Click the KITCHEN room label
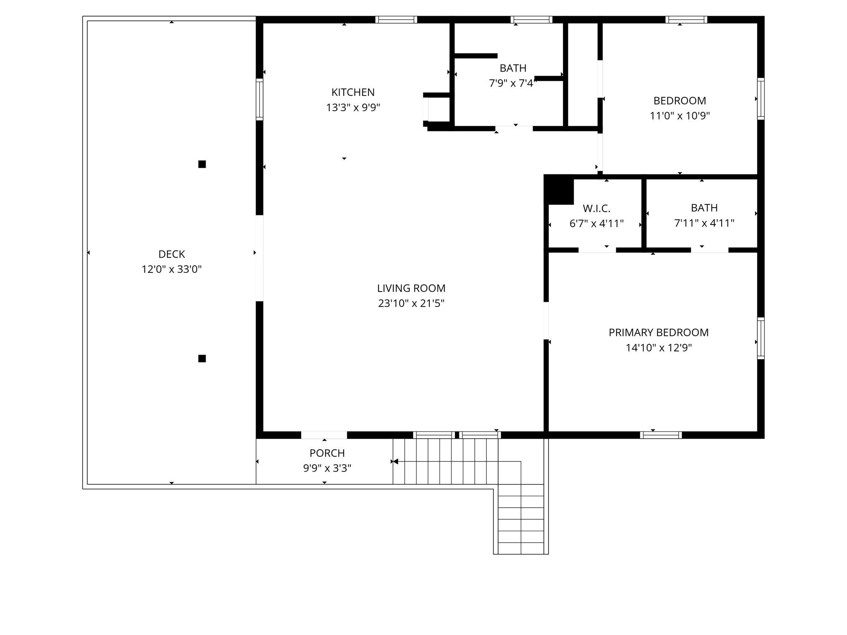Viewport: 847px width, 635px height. [353, 92]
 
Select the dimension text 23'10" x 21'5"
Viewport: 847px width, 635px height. [411, 303]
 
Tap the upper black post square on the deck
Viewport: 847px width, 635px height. [202, 164]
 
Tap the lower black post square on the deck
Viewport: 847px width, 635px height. [202, 358]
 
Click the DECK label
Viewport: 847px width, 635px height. [172, 254]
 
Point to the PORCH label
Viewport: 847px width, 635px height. [327, 453]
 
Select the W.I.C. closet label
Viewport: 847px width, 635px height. [596, 208]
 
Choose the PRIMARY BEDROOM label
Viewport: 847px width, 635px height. [658, 332]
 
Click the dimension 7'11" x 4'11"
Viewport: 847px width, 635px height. [704, 223]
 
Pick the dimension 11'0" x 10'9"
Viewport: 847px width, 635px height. [680, 116]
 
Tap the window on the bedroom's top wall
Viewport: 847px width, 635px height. [686, 19]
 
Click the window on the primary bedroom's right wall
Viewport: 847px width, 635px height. [761, 338]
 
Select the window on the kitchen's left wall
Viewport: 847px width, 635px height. [259, 99]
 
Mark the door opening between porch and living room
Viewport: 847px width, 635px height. [324, 435]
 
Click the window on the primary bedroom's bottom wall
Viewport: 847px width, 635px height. [660, 435]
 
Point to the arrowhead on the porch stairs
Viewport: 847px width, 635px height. [395, 461]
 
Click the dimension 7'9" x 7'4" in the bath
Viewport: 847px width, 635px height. [513, 84]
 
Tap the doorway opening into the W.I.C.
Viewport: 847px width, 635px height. [597, 250]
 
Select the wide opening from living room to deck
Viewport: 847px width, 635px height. [259, 258]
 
